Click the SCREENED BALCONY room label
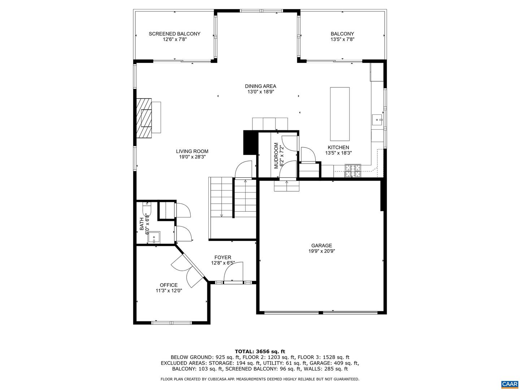click(174, 34)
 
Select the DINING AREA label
click(260, 86)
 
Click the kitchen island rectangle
click(339, 114)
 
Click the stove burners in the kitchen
click(352, 170)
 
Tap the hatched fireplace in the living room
click(144, 118)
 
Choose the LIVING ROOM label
click(192, 151)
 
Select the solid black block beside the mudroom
click(251, 143)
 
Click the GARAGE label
click(321, 246)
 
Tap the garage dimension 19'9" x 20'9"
click(321, 251)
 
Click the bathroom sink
click(154, 237)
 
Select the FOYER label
click(223, 257)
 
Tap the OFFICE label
click(169, 285)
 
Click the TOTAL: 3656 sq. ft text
click(260, 351)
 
